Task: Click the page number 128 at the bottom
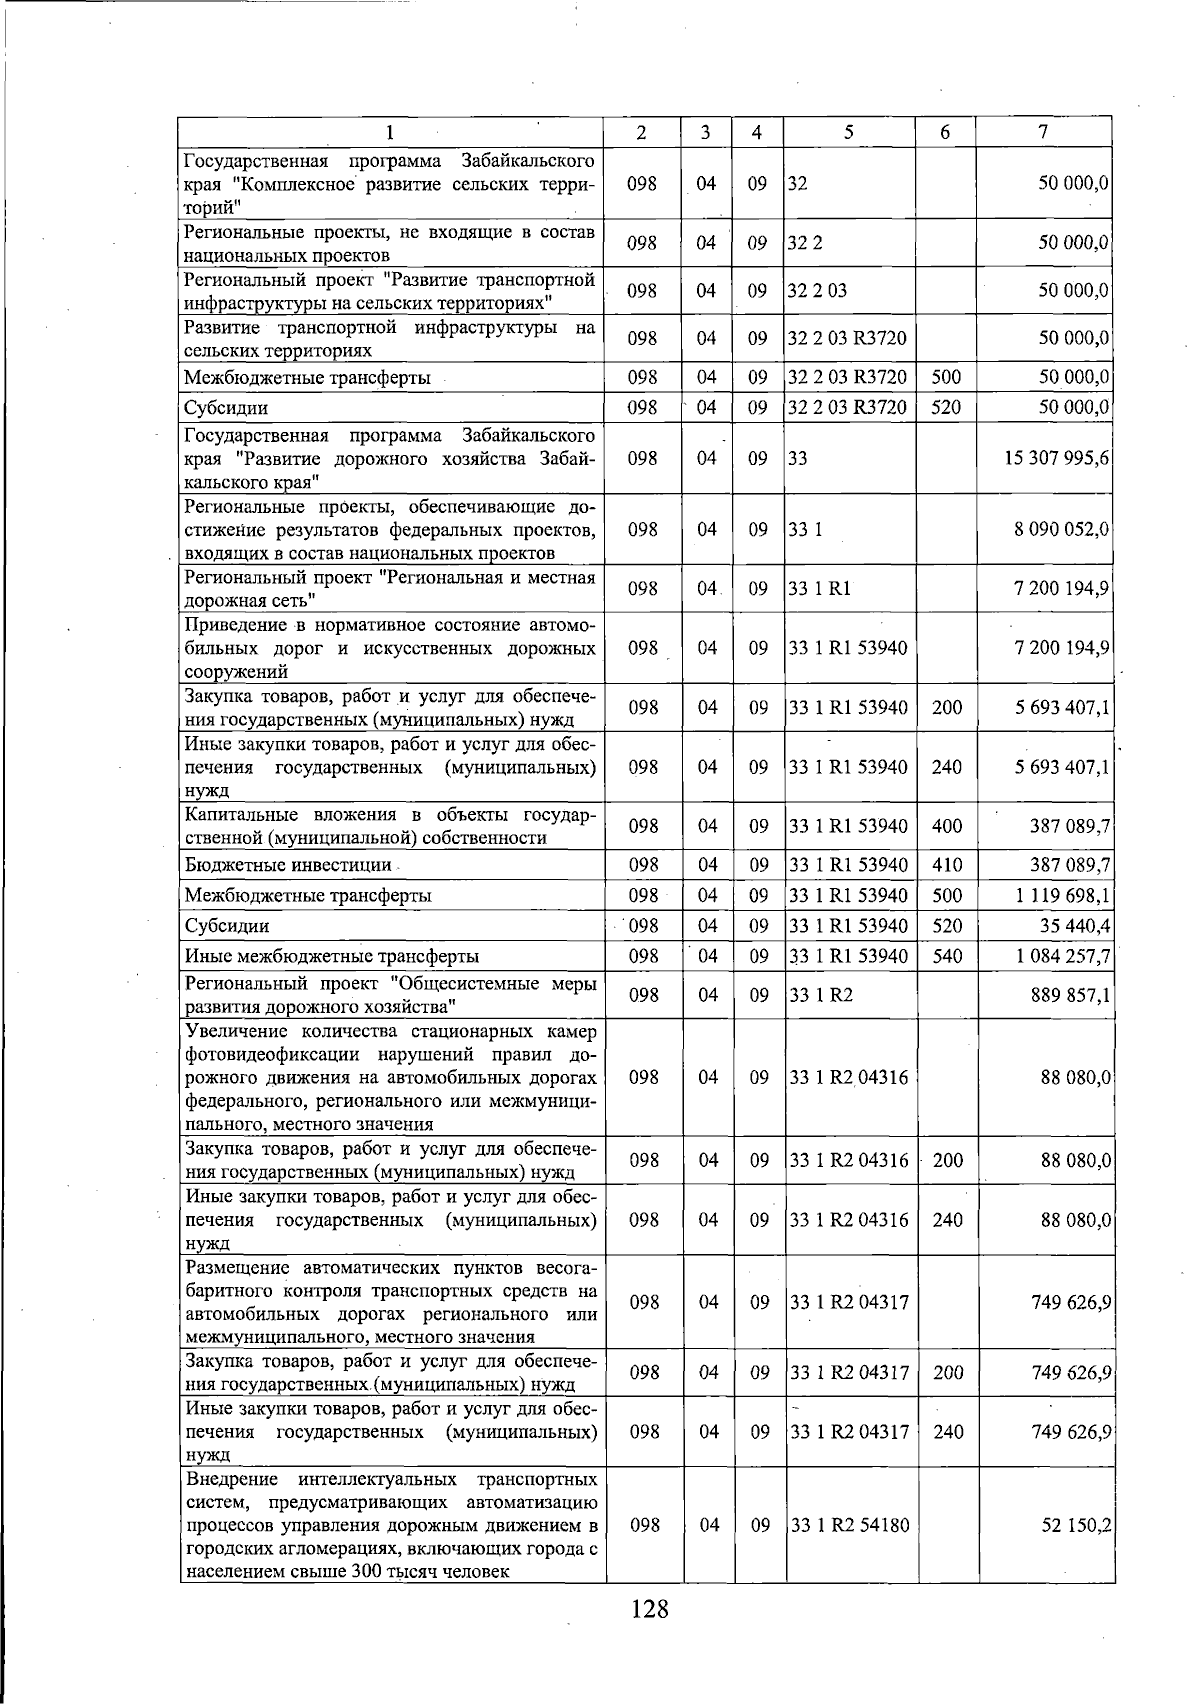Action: [649, 1609]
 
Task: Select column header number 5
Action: [848, 132]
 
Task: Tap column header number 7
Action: [1043, 132]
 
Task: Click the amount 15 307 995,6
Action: [1057, 458]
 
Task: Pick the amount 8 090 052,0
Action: [1061, 529]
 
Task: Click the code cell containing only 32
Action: [798, 184]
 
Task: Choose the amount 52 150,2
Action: [1077, 1526]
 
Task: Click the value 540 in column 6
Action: [946, 956]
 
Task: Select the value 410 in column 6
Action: [946, 865]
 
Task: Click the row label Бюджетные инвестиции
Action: [288, 865]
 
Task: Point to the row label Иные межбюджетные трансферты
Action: [332, 956]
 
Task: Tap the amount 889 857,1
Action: [1070, 995]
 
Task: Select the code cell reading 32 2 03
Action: [817, 290]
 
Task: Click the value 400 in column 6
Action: [946, 826]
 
